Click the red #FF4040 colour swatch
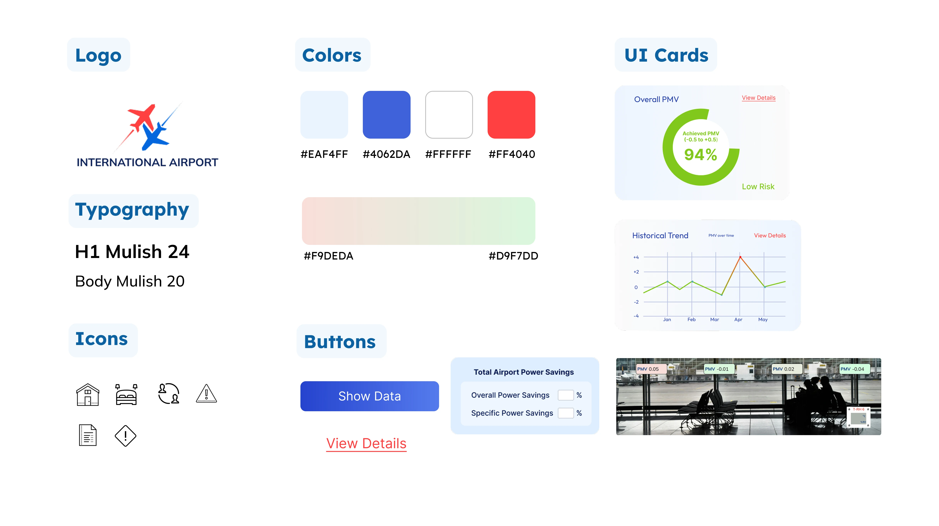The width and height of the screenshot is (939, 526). click(511, 114)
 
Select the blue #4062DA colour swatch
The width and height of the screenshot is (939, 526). click(386, 114)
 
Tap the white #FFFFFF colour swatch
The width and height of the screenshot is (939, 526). click(449, 114)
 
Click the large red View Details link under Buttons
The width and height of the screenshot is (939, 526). click(366, 443)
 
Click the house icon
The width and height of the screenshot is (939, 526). click(87, 394)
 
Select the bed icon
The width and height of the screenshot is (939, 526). click(126, 394)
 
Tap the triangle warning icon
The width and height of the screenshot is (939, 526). click(206, 394)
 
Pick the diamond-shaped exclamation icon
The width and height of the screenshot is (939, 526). click(125, 436)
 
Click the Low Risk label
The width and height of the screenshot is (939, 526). click(758, 187)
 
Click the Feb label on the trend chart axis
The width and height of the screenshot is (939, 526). click(691, 320)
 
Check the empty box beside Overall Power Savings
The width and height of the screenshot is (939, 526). click(565, 395)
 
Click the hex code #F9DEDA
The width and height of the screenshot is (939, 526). click(328, 256)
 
